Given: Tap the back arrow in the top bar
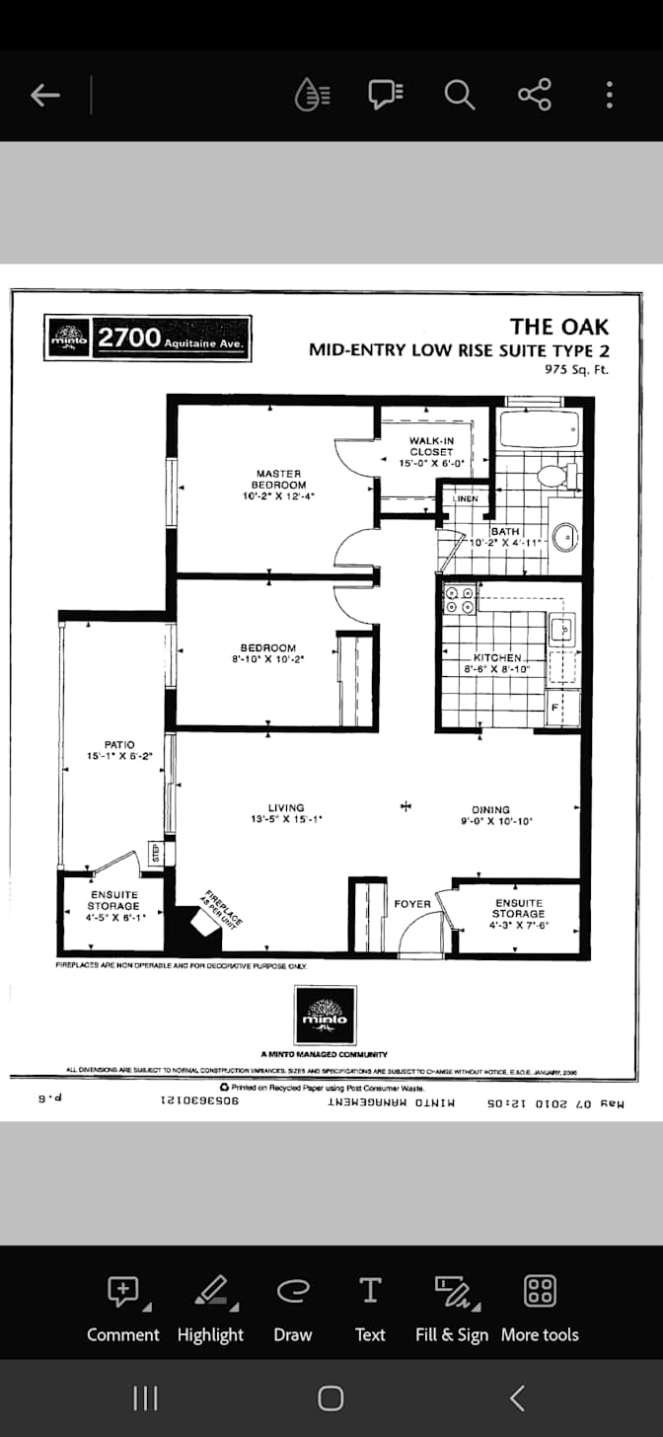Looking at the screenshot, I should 45,95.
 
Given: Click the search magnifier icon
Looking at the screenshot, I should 459,95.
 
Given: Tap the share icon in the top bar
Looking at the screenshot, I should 534,95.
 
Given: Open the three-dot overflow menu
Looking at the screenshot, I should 610,95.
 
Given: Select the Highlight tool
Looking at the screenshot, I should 210,1308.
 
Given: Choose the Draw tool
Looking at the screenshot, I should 292,1308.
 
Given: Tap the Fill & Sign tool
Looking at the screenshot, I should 452,1308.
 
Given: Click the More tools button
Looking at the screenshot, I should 540,1308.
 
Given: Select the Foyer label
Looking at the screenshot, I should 411,904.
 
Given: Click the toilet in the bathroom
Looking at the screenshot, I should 553,476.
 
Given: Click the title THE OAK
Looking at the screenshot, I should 558,327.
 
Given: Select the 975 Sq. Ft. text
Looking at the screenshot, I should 576,370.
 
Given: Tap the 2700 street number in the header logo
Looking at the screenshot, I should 128,338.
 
